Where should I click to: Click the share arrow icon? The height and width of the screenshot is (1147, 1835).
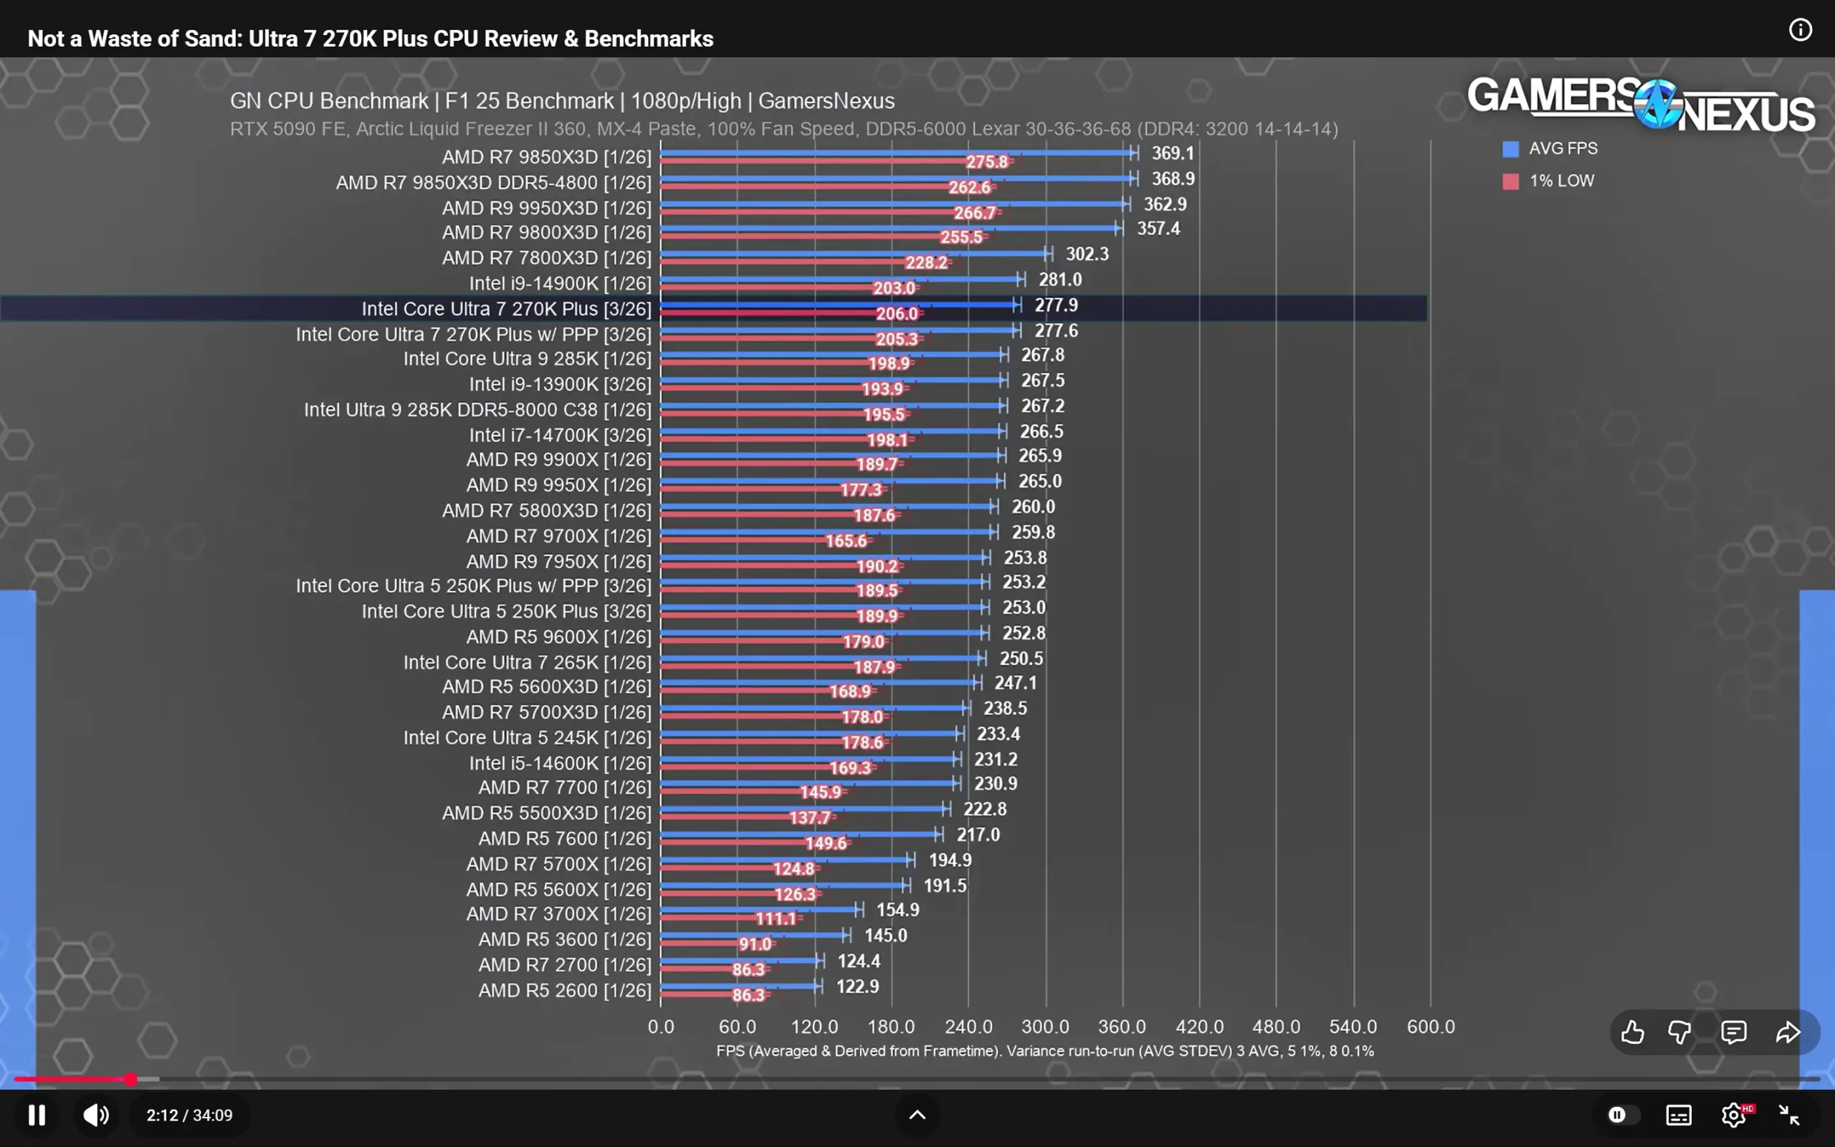[x=1788, y=1032]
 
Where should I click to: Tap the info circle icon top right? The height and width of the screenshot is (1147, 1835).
[x=1800, y=30]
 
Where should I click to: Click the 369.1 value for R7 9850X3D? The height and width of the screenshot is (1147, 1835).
[x=1172, y=153]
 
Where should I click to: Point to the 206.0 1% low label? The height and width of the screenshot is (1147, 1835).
[x=896, y=313]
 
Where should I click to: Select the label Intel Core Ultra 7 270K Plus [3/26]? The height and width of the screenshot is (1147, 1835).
[x=506, y=309]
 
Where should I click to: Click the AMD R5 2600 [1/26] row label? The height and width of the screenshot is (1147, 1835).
[x=564, y=990]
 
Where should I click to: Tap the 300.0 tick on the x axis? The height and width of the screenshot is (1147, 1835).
[x=1045, y=1027]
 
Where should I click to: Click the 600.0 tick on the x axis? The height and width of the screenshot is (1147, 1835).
[x=1430, y=1027]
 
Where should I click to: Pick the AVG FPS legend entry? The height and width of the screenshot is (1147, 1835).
[x=1562, y=148]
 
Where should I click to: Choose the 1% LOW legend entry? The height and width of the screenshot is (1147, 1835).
[x=1560, y=181]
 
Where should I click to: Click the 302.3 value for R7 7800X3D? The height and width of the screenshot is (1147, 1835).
[x=1087, y=254]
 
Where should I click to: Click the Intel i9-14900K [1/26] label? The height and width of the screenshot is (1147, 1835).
[x=560, y=283]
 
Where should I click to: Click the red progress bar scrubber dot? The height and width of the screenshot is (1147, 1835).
[x=131, y=1079]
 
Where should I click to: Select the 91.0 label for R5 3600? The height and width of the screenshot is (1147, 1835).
[x=755, y=943]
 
